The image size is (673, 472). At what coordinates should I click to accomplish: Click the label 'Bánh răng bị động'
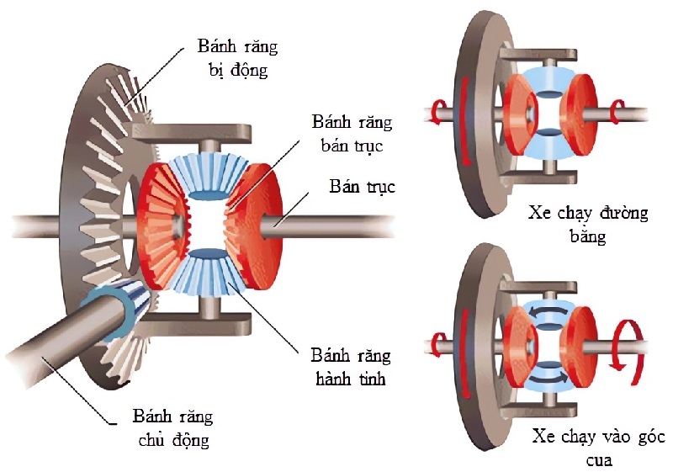click(237, 57)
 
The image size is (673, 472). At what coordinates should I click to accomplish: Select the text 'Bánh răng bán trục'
click(351, 135)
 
